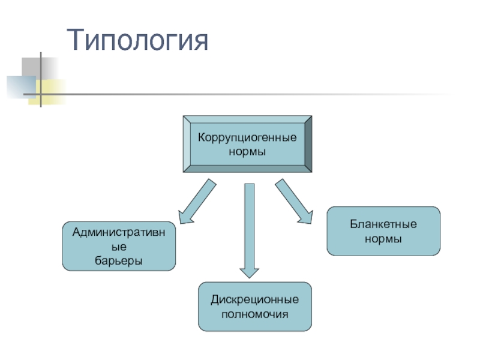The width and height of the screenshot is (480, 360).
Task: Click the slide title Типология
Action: tap(139, 41)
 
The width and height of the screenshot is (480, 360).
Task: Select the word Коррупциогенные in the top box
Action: tap(247, 137)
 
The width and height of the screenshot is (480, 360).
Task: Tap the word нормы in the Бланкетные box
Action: tap(383, 239)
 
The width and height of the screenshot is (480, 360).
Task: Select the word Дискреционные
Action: tap(255, 299)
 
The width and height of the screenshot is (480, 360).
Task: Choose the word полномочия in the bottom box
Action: tap(255, 314)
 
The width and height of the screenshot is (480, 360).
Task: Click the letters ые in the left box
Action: tap(119, 247)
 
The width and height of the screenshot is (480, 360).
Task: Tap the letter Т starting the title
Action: tap(76, 41)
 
